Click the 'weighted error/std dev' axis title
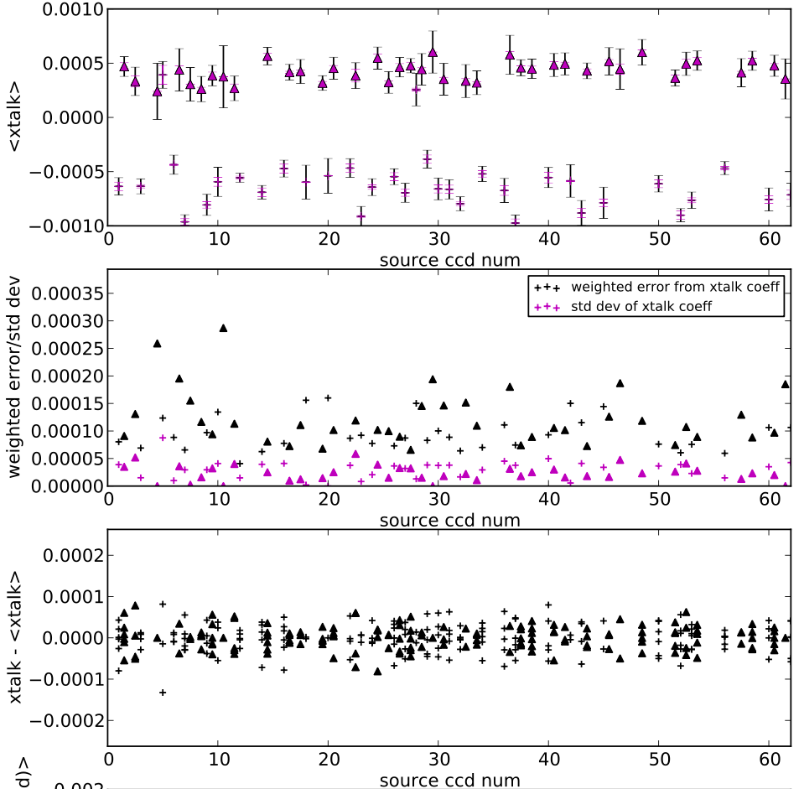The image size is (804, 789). point(14,377)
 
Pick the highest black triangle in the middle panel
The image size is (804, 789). point(223,328)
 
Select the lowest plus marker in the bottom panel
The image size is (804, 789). point(163,692)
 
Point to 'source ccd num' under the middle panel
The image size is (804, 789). point(449,520)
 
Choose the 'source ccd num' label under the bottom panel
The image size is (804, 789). point(449,780)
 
